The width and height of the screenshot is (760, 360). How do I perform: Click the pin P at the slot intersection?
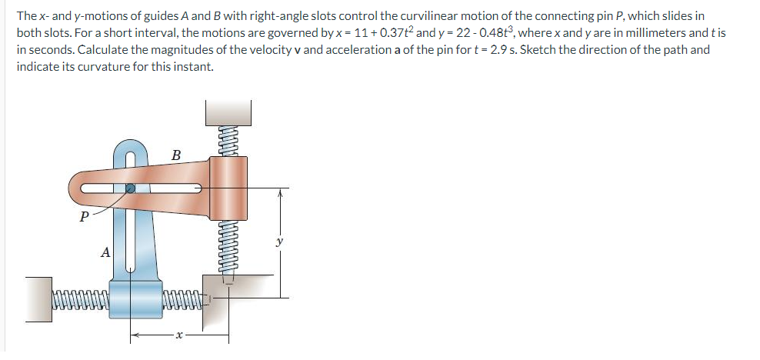(x=132, y=187)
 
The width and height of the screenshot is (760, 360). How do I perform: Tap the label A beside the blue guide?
(x=105, y=252)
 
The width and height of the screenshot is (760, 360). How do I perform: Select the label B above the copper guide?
(x=175, y=155)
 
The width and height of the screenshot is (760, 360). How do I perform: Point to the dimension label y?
(x=279, y=242)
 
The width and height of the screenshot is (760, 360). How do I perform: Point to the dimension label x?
(x=178, y=335)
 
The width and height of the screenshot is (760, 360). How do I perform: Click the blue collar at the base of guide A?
(x=135, y=295)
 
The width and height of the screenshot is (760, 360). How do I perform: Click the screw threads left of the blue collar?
(x=80, y=296)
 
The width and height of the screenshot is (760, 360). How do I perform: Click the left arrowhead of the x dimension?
(x=132, y=335)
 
